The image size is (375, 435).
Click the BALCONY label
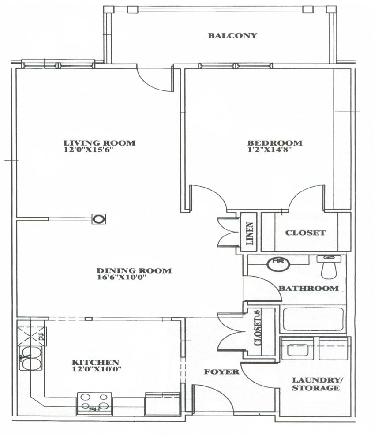coord(232,36)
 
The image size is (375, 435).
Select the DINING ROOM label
coord(134,270)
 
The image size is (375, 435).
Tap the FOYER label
coord(221,372)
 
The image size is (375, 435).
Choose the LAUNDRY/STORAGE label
coord(317,384)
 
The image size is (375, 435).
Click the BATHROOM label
coord(309,289)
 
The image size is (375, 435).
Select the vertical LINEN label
coord(250,233)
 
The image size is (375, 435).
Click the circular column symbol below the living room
coord(99,218)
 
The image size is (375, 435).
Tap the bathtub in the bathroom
coord(313,319)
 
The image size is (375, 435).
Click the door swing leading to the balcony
coord(155,79)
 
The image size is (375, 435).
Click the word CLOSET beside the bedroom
coord(305,232)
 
